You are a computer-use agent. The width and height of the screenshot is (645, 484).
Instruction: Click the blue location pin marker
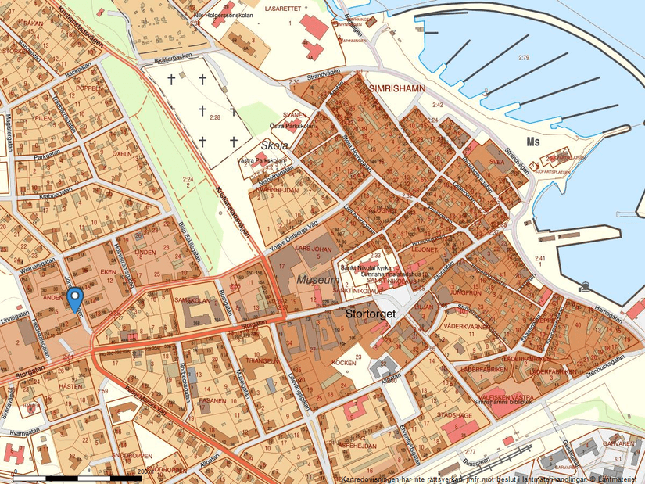click(x=75, y=299)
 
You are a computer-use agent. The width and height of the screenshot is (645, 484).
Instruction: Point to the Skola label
click(x=274, y=145)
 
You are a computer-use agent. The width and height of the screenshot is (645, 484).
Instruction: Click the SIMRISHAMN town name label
click(x=396, y=88)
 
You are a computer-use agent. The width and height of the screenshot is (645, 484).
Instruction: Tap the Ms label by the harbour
click(x=534, y=142)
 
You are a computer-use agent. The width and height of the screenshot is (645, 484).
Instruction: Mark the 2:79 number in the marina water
click(x=523, y=59)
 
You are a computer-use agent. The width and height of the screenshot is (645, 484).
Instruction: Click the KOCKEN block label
click(x=345, y=363)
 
